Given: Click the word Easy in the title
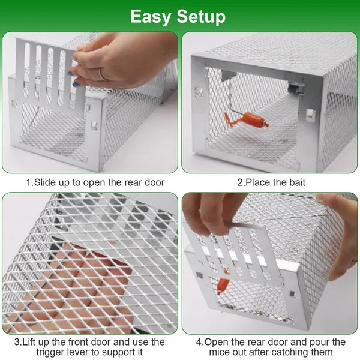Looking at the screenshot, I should pos(151,16).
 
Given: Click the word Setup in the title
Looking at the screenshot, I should pos(201,17).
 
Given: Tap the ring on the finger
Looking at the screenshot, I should pos(102,74).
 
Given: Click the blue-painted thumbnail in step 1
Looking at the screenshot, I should pos(76,84).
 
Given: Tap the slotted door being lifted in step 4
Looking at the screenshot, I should pos(237,246).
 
